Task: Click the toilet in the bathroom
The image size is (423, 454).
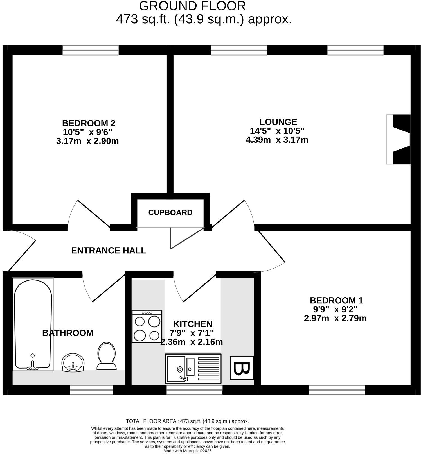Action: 107,356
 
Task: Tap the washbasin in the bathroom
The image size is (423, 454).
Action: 73,363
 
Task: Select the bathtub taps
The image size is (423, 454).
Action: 33,367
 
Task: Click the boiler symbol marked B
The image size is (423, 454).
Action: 242,368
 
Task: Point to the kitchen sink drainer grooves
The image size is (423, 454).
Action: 208,369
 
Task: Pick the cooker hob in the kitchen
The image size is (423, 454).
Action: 147,326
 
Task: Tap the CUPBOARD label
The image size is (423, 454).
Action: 170,213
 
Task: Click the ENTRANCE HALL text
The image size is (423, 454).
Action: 109,251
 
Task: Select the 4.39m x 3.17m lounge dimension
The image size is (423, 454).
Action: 277,140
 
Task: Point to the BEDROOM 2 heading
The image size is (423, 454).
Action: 89,123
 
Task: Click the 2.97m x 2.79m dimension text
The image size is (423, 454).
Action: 335,319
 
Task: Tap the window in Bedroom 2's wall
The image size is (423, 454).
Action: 90,50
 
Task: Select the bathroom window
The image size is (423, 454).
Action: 91,390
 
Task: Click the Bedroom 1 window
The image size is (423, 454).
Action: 337,390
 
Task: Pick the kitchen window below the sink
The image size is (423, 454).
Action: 194,390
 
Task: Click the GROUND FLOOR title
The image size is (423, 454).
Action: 192,6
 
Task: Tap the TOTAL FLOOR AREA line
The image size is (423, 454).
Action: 187,421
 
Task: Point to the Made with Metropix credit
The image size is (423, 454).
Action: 187,451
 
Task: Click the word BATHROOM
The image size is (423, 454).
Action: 68,333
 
